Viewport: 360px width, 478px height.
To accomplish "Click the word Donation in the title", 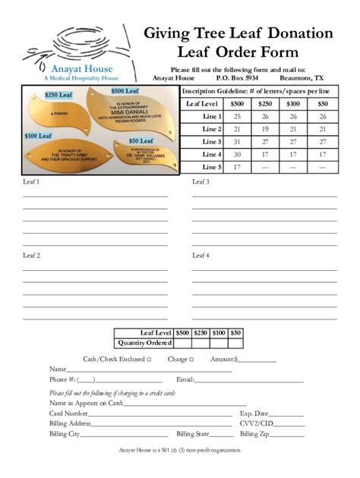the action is tap(296, 33).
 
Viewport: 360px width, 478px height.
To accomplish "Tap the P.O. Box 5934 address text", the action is tap(237, 77).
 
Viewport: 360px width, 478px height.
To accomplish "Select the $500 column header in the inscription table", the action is tap(237, 104).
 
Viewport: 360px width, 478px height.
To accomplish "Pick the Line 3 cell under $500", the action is tap(237, 142).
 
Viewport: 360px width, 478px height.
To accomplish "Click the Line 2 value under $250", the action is tap(265, 129).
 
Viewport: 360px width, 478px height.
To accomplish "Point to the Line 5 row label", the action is tap(212, 167).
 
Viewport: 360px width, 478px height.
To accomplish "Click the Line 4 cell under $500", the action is tap(237, 155).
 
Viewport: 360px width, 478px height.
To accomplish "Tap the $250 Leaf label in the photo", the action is tap(58, 96).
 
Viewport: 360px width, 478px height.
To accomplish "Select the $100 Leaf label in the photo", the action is tap(37, 136).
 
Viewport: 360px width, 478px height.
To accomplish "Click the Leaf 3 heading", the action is tap(201, 182).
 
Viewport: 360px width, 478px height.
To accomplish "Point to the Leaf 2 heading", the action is tap(32, 256).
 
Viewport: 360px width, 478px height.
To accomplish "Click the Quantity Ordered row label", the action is tap(144, 343).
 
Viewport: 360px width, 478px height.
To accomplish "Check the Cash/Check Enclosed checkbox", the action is tap(149, 359).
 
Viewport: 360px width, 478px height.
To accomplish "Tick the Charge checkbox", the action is tap(191, 359).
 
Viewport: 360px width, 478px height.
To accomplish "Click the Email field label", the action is tap(185, 379).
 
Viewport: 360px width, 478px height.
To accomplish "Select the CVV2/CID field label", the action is tap(256, 423).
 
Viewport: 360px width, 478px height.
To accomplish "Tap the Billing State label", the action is tap(193, 434).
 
